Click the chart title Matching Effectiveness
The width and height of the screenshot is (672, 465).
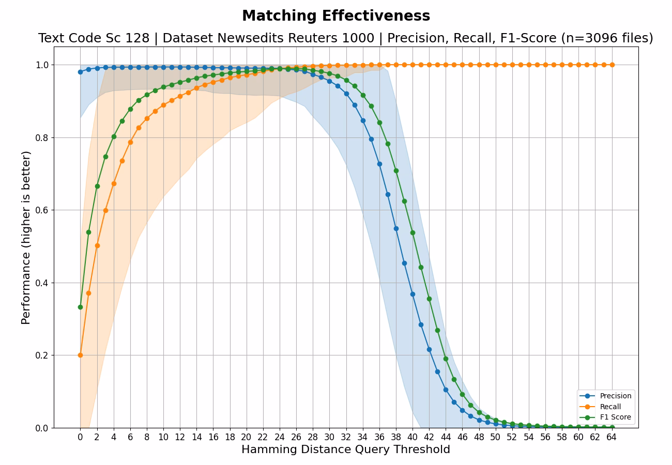[336, 16]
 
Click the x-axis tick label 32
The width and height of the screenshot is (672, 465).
[346, 437]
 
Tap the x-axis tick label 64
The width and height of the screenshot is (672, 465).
[612, 437]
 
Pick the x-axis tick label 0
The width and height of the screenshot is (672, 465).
[80, 437]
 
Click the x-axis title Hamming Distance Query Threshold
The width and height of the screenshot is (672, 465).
[346, 450]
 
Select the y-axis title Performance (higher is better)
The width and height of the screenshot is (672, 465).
[26, 237]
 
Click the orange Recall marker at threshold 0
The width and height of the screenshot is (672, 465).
[80, 355]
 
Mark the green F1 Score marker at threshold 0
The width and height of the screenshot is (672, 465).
[80, 307]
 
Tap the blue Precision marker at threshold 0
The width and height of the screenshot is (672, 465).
[80, 72]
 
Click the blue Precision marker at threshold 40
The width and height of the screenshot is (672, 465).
[413, 294]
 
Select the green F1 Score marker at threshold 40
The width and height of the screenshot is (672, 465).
[413, 233]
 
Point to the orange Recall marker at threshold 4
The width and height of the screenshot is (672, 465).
[114, 183]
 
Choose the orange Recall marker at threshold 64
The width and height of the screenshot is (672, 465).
[612, 65]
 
